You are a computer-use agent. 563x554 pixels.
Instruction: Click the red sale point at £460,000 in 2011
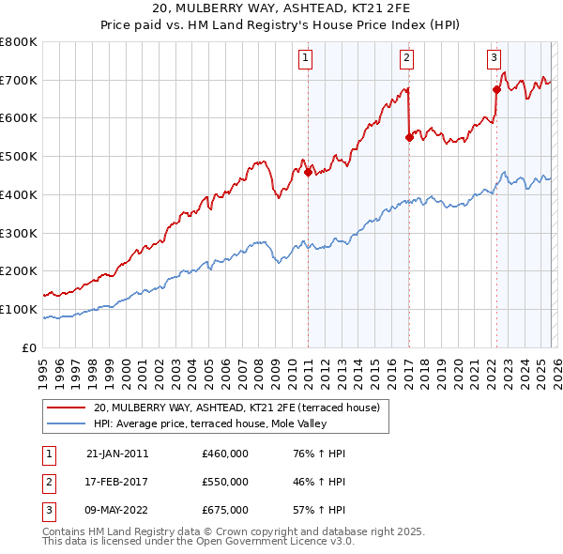(308, 172)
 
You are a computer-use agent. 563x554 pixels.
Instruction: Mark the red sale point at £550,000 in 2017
(409, 137)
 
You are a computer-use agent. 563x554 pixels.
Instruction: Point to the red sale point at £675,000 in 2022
(496, 89)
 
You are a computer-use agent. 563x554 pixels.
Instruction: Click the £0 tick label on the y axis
(29, 347)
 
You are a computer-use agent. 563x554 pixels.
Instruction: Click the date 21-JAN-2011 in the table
(117, 454)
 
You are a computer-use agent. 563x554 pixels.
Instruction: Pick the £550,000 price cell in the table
(225, 482)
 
